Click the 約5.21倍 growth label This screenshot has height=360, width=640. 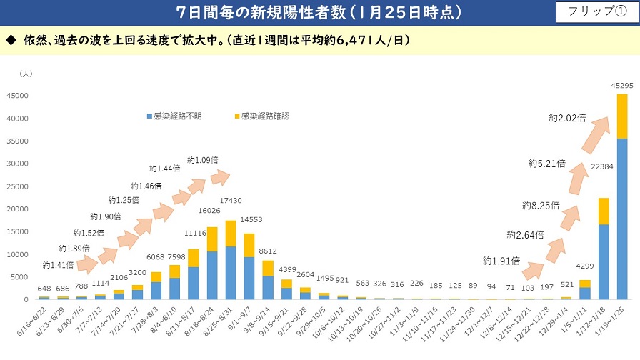tap(546, 164)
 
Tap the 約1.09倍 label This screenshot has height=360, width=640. tap(203, 159)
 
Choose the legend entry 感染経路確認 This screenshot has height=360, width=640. tap(261, 116)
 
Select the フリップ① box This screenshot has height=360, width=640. tap(596, 11)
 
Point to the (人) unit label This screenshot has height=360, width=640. tap(26, 74)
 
